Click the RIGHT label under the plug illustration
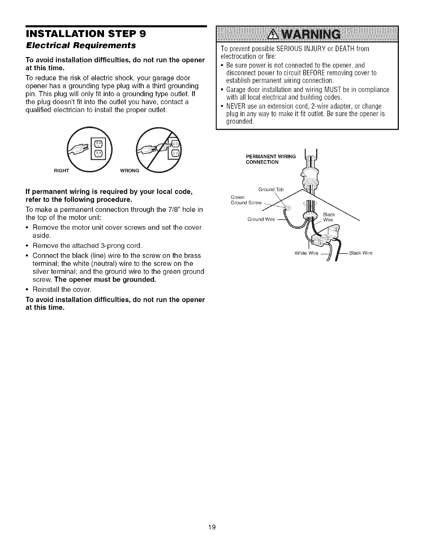62,170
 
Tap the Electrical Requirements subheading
81,45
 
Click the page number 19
212,527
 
